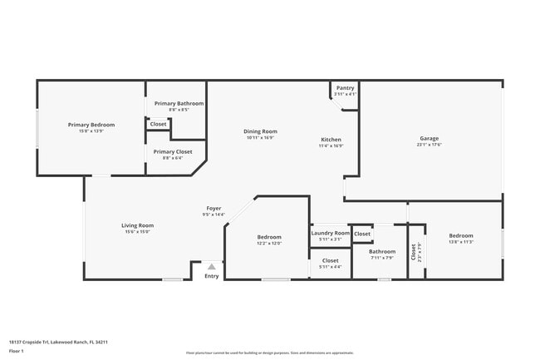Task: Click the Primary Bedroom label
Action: (x=91, y=125)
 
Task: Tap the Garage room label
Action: (x=429, y=139)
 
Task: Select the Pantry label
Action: (x=345, y=88)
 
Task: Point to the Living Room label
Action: (x=138, y=225)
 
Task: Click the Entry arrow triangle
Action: (x=211, y=267)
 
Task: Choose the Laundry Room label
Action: (x=331, y=234)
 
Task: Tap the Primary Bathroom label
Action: (x=179, y=103)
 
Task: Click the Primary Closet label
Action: (x=173, y=152)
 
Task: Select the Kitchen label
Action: (x=331, y=140)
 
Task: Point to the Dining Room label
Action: (x=260, y=131)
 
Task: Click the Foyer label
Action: (x=214, y=208)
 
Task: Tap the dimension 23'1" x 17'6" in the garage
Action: (x=429, y=145)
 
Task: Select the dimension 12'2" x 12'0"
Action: (x=268, y=244)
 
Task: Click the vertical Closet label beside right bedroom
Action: (x=414, y=251)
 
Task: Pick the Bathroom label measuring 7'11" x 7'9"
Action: (x=382, y=251)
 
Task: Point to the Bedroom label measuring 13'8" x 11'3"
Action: (x=461, y=235)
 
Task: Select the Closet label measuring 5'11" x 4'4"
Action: (x=331, y=260)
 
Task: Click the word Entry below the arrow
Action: (x=212, y=276)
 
